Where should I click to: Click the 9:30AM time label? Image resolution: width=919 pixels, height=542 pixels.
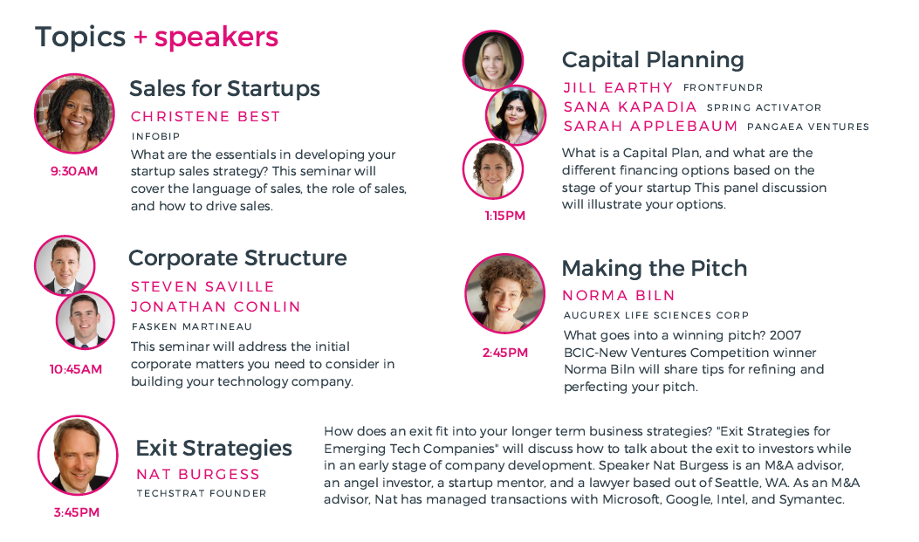pos(74,171)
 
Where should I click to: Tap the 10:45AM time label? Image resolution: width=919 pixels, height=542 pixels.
pos(76,369)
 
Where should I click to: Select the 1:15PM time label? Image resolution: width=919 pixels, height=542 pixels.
pos(504,216)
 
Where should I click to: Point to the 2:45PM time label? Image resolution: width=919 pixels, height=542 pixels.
pos(504,353)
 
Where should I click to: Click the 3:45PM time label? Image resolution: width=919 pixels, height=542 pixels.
pos(76,512)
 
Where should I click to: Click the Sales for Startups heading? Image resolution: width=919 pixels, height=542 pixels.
pos(224,88)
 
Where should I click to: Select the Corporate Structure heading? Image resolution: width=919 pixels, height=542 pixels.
pos(237,257)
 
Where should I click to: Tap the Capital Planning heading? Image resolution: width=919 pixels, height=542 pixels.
pos(653,59)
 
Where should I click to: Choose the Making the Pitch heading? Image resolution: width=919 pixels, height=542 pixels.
pos(654,268)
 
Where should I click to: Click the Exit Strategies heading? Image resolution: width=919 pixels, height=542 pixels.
pos(214,449)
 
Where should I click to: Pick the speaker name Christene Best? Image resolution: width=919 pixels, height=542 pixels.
pos(205,117)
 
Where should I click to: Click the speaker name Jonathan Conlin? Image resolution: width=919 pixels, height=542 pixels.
pos(216,307)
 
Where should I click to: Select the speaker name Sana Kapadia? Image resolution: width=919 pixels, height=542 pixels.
pos(630,107)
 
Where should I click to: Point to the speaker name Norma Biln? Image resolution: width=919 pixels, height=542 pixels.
pos(618,295)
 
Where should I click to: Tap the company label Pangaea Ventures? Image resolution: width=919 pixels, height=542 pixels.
pos(807,127)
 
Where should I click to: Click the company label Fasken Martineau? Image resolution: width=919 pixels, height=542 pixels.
pos(192,326)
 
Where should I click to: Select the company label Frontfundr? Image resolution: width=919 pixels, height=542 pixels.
pos(723,87)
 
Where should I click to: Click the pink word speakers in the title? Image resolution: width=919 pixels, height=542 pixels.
pos(216,37)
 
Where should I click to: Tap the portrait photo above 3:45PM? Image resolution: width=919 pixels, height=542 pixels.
pos(78,456)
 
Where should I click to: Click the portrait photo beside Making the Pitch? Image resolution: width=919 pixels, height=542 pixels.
pos(504,293)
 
